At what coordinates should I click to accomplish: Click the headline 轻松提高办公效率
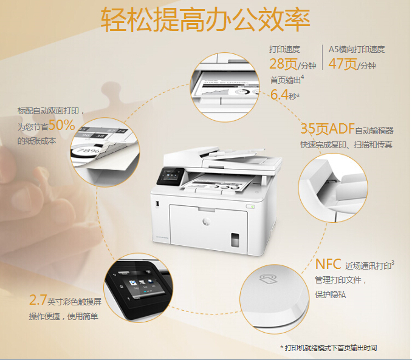pyautogui.click(x=205, y=20)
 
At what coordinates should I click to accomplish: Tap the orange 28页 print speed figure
pyautogui.click(x=283, y=64)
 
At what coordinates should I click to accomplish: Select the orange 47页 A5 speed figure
pyautogui.click(x=343, y=64)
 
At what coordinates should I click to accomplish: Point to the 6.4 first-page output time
pyautogui.click(x=280, y=95)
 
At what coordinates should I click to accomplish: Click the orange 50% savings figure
pyautogui.click(x=62, y=125)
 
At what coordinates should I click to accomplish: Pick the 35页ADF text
pyautogui.click(x=328, y=129)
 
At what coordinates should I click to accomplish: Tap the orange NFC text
pyautogui.click(x=328, y=264)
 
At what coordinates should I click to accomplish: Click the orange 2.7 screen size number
pyautogui.click(x=38, y=300)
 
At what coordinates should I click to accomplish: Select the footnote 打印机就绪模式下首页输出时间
pyautogui.click(x=331, y=348)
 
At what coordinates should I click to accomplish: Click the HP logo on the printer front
pyautogui.click(x=206, y=222)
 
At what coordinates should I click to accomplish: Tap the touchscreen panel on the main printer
pyautogui.click(x=170, y=176)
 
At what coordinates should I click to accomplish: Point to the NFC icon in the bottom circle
pyautogui.click(x=269, y=279)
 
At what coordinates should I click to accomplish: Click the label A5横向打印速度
pyautogui.click(x=357, y=49)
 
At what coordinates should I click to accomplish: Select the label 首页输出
pyautogui.click(x=286, y=80)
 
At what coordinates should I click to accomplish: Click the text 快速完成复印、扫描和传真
pyautogui.click(x=346, y=144)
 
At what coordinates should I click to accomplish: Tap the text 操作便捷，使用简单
pyautogui.click(x=64, y=316)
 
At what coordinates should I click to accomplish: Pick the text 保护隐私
pyautogui.click(x=331, y=294)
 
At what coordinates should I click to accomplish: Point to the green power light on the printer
pyautogui.click(x=252, y=207)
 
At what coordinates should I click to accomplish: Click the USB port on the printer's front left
pyautogui.click(x=157, y=203)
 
